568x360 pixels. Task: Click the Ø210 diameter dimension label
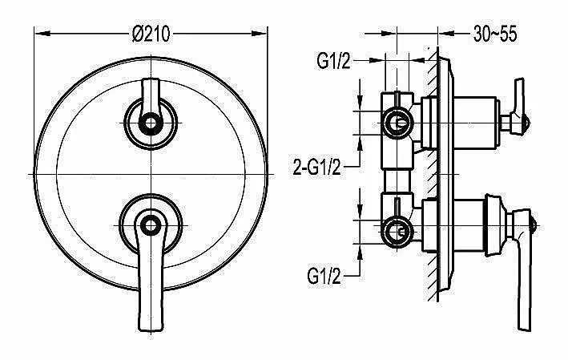151,34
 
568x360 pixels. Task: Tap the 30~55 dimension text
495,34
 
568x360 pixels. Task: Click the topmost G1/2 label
333,61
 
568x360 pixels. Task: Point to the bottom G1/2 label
324,277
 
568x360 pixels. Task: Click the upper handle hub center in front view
151,123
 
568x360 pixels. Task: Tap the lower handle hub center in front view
151,225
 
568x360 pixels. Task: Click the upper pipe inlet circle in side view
397,123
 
